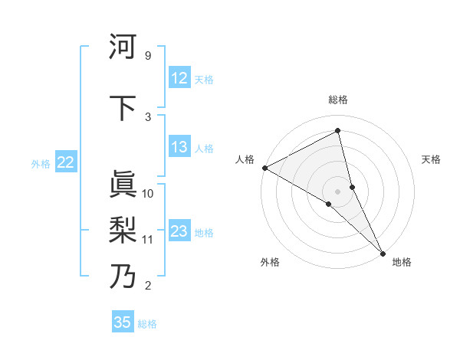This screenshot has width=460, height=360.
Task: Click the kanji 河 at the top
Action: click(123, 47)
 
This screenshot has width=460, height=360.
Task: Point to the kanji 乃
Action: click(123, 275)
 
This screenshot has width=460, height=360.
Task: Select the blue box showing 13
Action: click(179, 147)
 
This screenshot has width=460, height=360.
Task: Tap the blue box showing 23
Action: click(179, 231)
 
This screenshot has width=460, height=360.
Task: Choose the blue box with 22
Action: click(66, 162)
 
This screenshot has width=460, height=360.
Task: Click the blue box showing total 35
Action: click(123, 322)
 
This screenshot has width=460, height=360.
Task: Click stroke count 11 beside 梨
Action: click(148, 240)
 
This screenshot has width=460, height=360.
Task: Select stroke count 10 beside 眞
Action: click(148, 194)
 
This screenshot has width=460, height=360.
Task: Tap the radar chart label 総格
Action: click(337, 100)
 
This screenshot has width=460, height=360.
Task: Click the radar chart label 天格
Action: click(432, 159)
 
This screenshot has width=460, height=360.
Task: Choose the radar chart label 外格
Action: click(270, 262)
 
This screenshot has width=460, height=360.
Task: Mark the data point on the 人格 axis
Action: click(264, 168)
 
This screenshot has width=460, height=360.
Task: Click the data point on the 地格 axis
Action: click(383, 252)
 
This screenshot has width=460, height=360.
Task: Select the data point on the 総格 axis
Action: click(337, 131)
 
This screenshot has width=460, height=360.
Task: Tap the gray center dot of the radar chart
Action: click(337, 190)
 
